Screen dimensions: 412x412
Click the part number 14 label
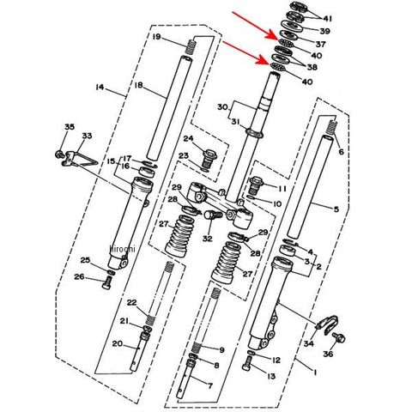pyautogui.click(x=100, y=87)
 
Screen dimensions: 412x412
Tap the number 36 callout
pyautogui.click(x=328, y=354)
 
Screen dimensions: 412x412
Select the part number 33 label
pyautogui.click(x=87, y=136)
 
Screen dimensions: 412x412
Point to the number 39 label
pyautogui.click(x=324, y=31)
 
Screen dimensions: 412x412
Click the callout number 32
pyautogui.click(x=208, y=239)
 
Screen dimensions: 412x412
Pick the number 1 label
pyautogui.click(x=315, y=373)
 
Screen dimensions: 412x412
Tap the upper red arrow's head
pyautogui.click(x=272, y=35)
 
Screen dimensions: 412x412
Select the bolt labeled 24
pyautogui.click(x=209, y=160)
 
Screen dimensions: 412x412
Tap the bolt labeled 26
pyautogui.click(x=107, y=283)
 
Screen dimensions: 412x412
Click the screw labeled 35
pyautogui.click(x=59, y=154)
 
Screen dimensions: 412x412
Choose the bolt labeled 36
pyautogui.click(x=339, y=337)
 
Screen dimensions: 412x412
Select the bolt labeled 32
pyautogui.click(x=212, y=215)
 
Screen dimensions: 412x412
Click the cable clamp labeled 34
pyautogui.click(x=327, y=324)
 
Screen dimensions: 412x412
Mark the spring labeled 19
pyautogui.click(x=191, y=47)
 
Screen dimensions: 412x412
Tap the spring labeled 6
pyautogui.click(x=331, y=127)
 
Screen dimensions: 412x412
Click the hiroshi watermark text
pyautogui.click(x=122, y=249)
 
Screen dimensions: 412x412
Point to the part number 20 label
pyautogui.click(x=118, y=343)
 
